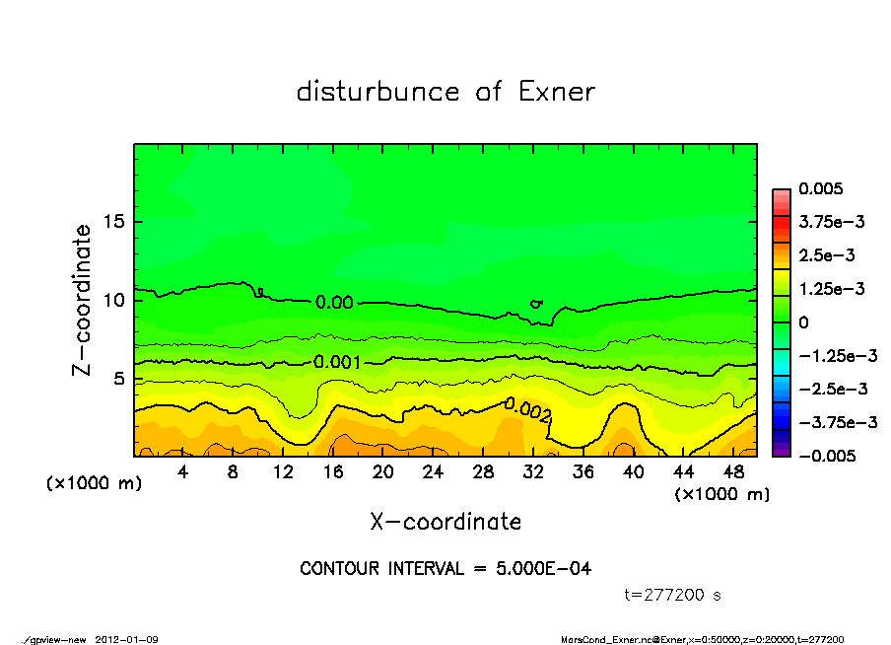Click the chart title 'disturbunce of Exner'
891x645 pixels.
445,92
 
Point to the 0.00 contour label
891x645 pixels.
334,302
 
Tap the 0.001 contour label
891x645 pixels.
335,362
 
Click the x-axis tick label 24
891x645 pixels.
433,472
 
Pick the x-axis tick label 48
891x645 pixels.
732,472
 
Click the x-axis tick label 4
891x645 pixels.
183,472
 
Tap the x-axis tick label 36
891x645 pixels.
583,472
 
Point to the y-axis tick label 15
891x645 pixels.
113,222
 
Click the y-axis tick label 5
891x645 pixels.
118,379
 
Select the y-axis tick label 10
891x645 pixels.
113,300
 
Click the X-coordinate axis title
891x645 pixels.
445,521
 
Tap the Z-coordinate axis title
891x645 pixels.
83,299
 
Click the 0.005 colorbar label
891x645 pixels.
818,188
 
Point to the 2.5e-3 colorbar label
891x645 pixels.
826,255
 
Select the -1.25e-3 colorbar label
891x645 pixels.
837,355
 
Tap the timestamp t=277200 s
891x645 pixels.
674,595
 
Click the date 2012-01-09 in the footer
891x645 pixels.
127,639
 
